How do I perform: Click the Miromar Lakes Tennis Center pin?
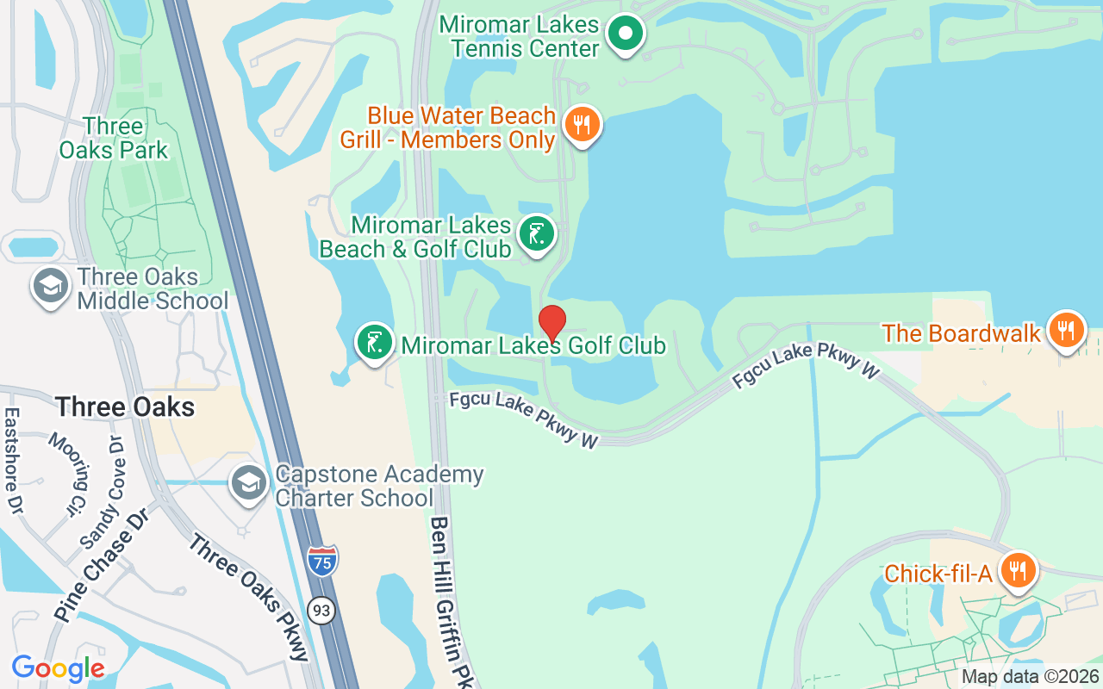(x=626, y=34)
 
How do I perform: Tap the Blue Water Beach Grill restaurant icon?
(x=583, y=125)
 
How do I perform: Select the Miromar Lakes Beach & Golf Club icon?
(x=537, y=233)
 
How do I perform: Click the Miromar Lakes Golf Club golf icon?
(x=375, y=343)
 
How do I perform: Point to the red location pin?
(x=552, y=324)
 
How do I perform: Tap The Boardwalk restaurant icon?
(x=1067, y=331)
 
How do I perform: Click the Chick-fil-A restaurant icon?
(x=1019, y=570)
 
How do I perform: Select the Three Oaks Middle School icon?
(x=51, y=287)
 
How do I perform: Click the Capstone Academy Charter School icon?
(x=249, y=484)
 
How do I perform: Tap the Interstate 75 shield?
(x=322, y=561)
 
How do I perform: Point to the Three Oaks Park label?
(x=113, y=138)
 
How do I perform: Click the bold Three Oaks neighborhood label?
(x=125, y=407)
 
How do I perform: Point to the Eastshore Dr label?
(x=11, y=461)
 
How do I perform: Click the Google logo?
(x=58, y=667)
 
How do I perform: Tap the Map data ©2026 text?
(x=1031, y=677)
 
